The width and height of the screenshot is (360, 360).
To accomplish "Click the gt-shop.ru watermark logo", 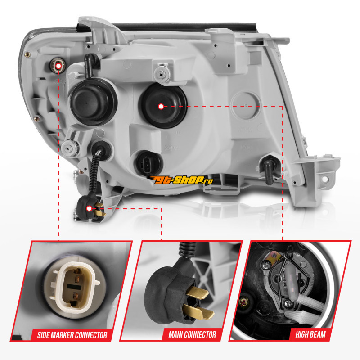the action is [x=181, y=180].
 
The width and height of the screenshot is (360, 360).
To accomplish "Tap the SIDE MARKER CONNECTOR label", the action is [x=72, y=335].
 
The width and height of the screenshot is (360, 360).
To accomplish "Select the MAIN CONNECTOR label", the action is [x=193, y=334].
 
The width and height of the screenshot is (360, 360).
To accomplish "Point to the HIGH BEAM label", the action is [x=310, y=334].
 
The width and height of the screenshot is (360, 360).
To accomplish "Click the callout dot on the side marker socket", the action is [x=58, y=66].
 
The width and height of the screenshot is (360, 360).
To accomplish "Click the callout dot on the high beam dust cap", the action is [x=161, y=107].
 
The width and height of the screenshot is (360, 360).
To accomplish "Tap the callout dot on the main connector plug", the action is [x=89, y=208].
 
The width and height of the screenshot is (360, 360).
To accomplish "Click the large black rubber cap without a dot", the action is [x=94, y=102].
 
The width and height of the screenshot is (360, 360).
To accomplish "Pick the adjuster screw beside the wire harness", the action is [x=70, y=148].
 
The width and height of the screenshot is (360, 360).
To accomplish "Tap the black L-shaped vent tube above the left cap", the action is [x=90, y=65].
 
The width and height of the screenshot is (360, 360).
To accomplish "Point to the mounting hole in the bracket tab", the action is [x=325, y=179].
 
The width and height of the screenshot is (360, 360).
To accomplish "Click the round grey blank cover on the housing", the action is [x=245, y=105].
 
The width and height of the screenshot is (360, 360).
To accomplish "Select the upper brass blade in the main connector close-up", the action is [x=197, y=293].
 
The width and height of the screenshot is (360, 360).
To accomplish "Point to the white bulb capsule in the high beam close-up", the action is [x=291, y=283].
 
